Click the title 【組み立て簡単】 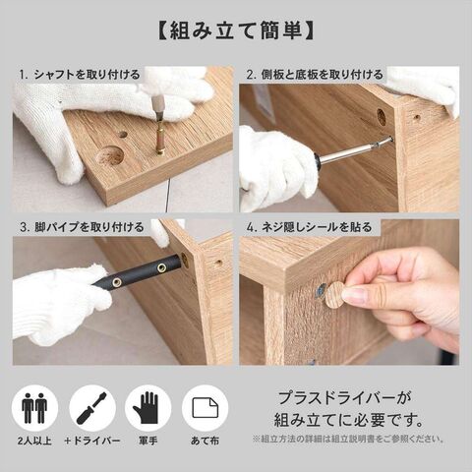coord(236,31)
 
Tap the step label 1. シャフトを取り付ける coord(79,75)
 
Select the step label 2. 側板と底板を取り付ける coord(315,75)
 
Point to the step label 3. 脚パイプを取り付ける coord(82,227)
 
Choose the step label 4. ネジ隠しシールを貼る coord(309,227)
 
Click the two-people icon coord(34,408)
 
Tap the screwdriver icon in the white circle coord(92,408)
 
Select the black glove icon coord(147,408)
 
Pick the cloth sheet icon coord(206,408)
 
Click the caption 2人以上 coord(34,441)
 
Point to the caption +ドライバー coord(92,441)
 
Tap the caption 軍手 coord(147,441)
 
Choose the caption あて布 coord(206,441)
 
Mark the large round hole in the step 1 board coord(109,154)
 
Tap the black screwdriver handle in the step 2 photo coord(316,161)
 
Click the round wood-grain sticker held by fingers coord(334,295)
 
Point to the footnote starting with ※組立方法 coord(348,439)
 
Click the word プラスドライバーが coord(344,398)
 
